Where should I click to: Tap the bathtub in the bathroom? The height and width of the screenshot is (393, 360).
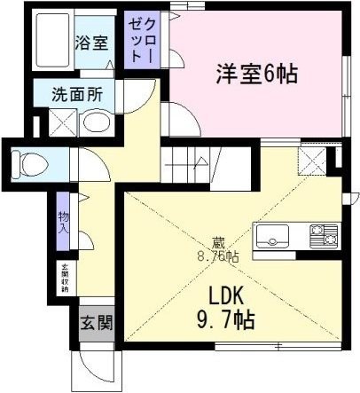(52, 42)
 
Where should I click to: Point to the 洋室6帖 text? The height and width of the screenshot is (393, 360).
(254, 73)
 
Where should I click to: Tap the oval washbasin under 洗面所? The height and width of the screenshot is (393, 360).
(94, 122)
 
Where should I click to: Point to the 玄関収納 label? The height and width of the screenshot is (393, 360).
(65, 278)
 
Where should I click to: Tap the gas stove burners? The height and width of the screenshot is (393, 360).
(323, 235)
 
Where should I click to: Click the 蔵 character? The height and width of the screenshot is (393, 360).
(217, 241)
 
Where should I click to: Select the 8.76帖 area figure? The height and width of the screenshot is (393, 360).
(217, 256)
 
